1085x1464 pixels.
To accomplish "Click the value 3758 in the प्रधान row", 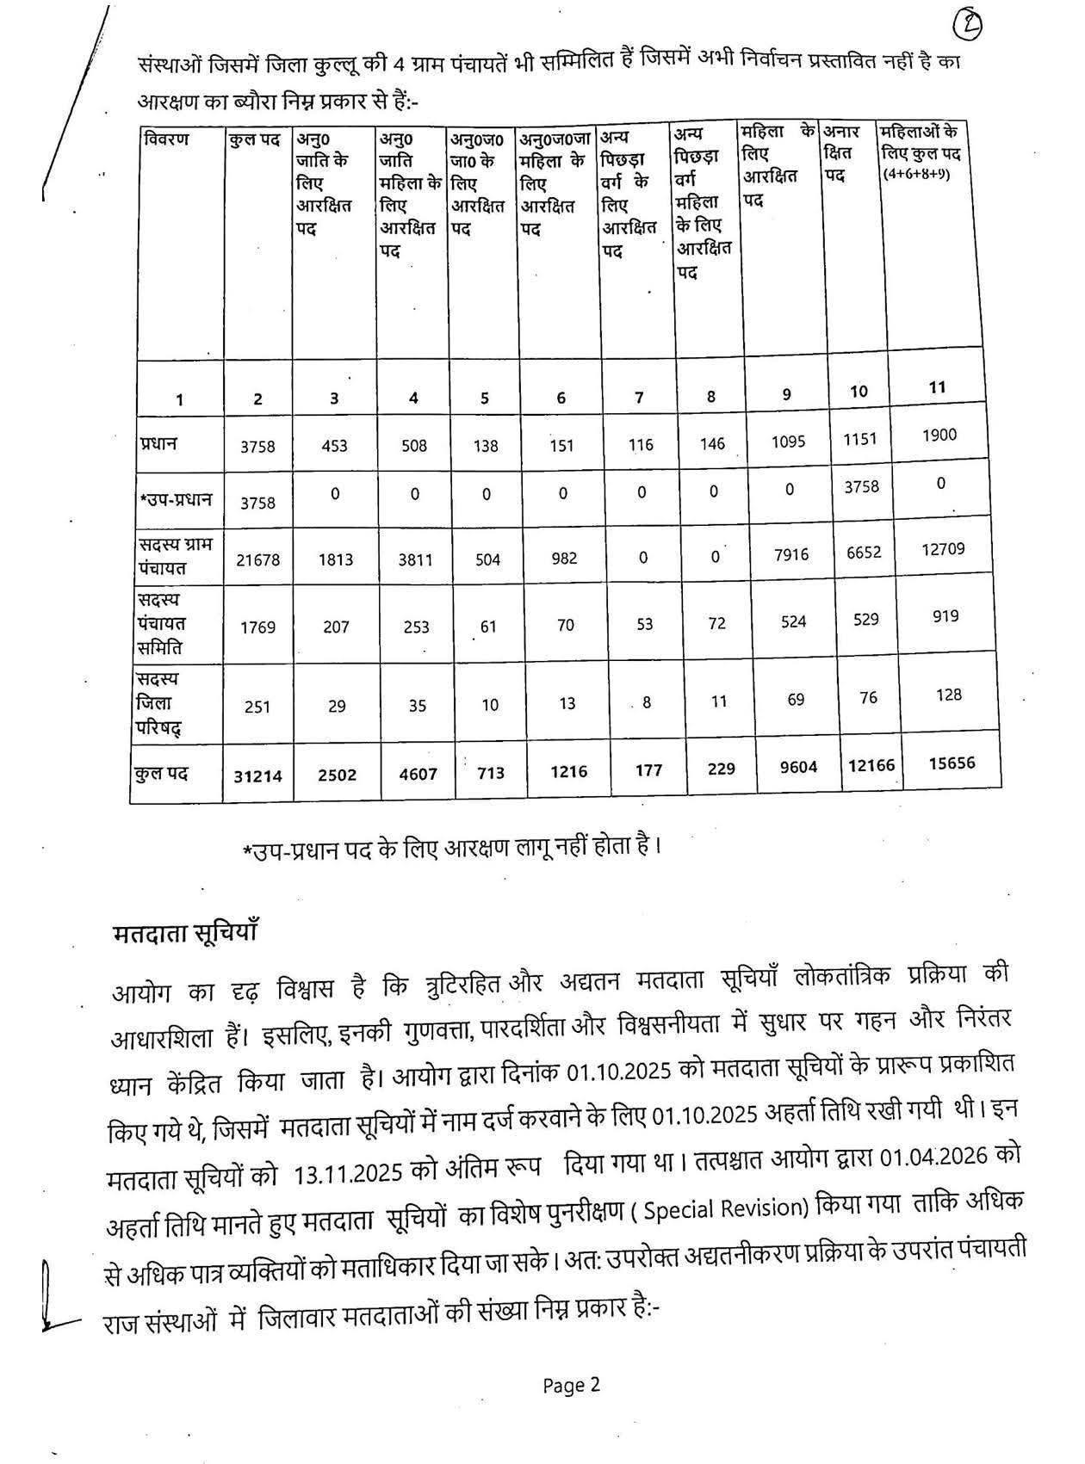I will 257,446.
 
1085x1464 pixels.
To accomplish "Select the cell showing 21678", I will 257,559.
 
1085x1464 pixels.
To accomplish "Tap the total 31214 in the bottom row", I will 257,775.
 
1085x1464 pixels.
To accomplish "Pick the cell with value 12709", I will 943,549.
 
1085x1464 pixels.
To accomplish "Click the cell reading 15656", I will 952,763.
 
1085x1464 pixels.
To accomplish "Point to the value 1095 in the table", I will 788,442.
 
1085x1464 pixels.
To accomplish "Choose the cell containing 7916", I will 791,554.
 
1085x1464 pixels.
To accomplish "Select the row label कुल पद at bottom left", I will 161,772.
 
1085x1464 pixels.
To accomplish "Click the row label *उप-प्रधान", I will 176,499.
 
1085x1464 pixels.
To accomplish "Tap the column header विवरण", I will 167,139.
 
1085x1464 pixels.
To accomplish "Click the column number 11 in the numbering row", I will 938,387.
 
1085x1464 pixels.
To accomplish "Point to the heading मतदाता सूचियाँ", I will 186,935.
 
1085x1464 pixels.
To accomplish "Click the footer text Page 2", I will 571,1385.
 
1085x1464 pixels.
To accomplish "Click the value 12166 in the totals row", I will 871,764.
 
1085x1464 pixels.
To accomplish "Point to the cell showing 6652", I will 864,552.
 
